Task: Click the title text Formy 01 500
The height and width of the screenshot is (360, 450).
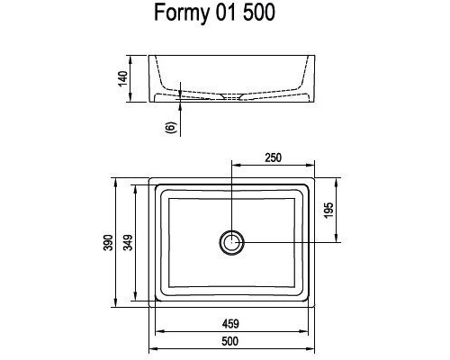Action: (226, 16)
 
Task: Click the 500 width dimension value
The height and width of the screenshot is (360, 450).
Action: (231, 340)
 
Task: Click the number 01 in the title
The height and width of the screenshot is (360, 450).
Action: (234, 16)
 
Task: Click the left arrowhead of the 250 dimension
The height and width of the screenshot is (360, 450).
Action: (234, 166)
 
